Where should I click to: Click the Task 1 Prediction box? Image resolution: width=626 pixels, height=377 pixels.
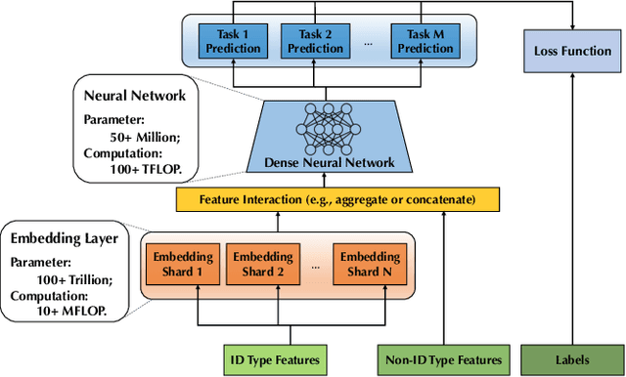click(233, 40)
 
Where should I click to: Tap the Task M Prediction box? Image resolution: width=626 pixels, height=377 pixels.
click(425, 40)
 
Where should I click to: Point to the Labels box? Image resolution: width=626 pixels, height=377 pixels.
click(572, 357)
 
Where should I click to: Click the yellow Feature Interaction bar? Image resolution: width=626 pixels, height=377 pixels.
click(336, 199)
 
